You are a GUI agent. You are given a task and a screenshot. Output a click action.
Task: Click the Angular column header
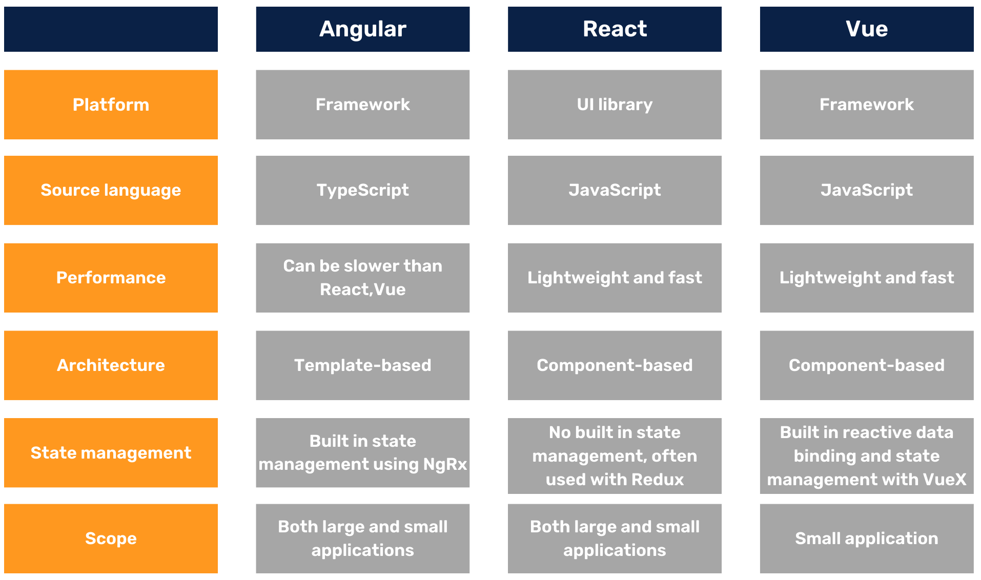pos(362,29)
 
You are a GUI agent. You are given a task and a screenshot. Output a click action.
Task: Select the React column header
pos(615,29)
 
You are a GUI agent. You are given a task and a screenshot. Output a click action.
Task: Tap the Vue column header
pos(866,29)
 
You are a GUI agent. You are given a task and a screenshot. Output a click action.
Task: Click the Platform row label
pos(111,105)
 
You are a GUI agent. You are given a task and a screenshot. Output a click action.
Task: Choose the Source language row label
pos(111,190)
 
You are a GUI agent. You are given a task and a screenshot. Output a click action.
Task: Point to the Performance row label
pos(111,278)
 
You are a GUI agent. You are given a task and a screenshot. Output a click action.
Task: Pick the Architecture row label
pos(111,365)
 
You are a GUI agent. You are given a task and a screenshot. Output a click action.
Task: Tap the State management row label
pos(111,453)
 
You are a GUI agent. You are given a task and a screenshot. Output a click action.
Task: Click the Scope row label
pos(111,538)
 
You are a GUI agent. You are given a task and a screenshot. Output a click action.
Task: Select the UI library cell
pos(615,105)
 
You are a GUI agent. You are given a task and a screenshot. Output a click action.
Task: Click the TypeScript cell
pos(362,190)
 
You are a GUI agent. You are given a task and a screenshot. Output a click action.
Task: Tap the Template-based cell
pos(362,365)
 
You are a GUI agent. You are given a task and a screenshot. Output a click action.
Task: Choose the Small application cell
pos(866,538)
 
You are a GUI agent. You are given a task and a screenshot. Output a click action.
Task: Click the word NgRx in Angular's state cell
pos(445,464)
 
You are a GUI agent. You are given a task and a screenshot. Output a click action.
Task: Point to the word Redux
pos(658,480)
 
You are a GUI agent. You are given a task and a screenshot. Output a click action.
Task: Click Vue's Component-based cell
pos(866,365)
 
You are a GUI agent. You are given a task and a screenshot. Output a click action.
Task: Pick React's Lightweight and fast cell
pos(615,278)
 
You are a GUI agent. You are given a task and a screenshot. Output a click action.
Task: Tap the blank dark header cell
pos(111,29)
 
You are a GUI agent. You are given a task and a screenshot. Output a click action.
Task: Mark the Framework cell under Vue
pos(866,105)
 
